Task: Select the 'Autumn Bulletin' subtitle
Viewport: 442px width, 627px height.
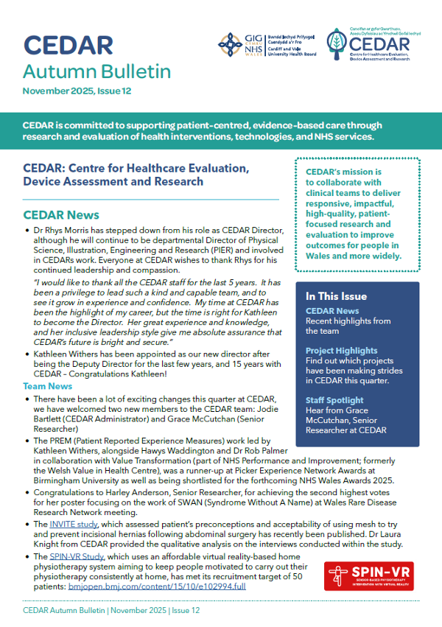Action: [97, 72]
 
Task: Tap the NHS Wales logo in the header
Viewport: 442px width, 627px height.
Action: [234, 44]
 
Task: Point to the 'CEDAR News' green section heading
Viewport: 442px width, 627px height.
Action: [61, 215]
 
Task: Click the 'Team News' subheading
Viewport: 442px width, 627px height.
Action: [47, 386]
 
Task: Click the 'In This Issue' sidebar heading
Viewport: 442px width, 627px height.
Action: [336, 296]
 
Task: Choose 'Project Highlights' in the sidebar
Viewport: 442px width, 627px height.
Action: [341, 351]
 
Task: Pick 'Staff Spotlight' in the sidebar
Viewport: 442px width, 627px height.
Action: [336, 400]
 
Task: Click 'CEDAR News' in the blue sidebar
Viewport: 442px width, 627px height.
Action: [332, 311]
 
